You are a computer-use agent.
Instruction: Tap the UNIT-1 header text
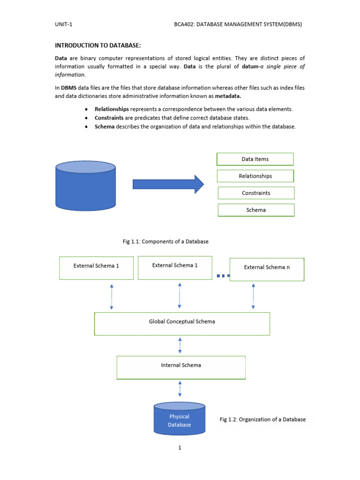pyautogui.click(x=63, y=24)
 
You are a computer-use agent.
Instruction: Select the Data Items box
pyautogui.click(x=255, y=159)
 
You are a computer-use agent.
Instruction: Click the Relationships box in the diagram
pyautogui.click(x=255, y=176)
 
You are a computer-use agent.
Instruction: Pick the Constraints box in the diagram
pyautogui.click(x=256, y=193)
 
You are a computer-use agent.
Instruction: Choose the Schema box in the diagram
pyautogui.click(x=256, y=210)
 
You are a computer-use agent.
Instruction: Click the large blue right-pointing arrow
pyautogui.click(x=168, y=184)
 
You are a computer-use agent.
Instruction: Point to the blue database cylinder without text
pyautogui.click(x=85, y=186)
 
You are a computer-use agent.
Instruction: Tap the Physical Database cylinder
pyautogui.click(x=180, y=418)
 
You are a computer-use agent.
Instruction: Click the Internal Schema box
pyautogui.click(x=181, y=367)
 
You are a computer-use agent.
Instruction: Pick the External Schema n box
pyautogui.click(x=267, y=269)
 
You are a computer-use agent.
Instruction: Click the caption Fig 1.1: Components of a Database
pyautogui.click(x=165, y=241)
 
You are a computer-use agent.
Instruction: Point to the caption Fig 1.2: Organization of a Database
pyautogui.click(x=262, y=420)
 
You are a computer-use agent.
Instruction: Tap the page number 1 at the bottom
pyautogui.click(x=180, y=448)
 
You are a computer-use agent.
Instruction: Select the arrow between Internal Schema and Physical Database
pyautogui.click(x=180, y=389)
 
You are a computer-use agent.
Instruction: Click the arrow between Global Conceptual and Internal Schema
pyautogui.click(x=180, y=345)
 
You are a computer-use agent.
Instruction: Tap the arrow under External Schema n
pyautogui.click(x=253, y=296)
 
